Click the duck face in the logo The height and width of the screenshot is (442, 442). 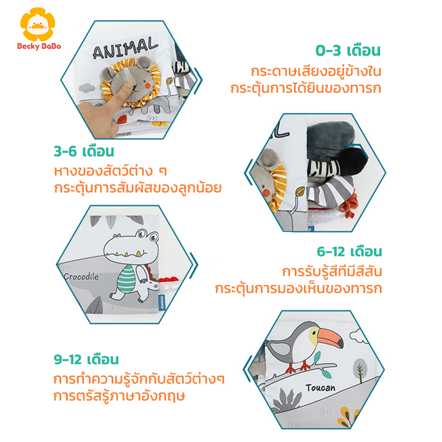[x=38, y=24]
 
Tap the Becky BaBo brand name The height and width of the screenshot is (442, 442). [x=39, y=46]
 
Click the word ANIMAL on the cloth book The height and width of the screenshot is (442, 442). [x=125, y=48]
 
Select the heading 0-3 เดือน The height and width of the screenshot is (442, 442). [x=348, y=51]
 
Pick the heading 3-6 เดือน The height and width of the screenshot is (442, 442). [x=84, y=152]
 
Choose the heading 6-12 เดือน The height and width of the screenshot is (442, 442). [x=349, y=252]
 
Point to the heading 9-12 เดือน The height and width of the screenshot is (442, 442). [x=86, y=360]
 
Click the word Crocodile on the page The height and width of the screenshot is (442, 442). [x=81, y=277]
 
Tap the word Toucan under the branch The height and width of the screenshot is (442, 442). [x=320, y=388]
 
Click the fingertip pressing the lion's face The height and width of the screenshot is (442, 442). [x=129, y=86]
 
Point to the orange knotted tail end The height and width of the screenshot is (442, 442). [x=350, y=206]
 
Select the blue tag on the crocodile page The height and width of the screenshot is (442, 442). [x=162, y=302]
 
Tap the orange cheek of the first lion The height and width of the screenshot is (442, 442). [x=147, y=85]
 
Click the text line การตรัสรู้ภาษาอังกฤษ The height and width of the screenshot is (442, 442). [x=119, y=396]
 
